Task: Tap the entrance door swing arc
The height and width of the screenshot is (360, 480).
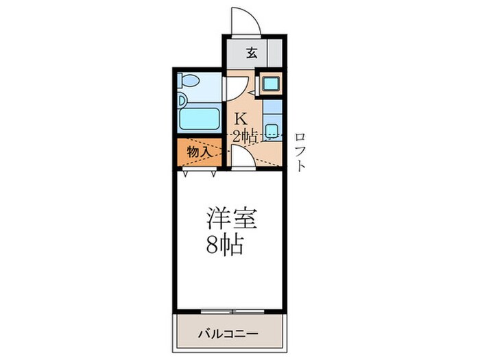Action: (x=244, y=21)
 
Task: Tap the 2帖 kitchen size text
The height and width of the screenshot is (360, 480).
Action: (x=245, y=136)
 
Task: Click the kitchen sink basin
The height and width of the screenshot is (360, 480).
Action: (x=272, y=130)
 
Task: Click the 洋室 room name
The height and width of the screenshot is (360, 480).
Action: (x=232, y=220)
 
